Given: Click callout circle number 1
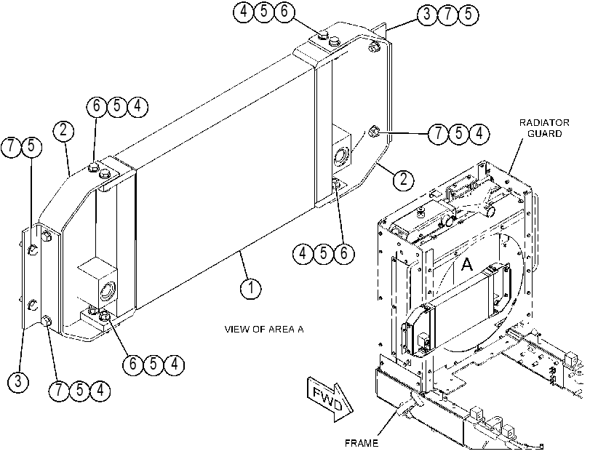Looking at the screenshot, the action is [x=250, y=288].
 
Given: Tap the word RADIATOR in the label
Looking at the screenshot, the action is [x=544, y=123].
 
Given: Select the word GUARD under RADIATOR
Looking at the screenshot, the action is [x=544, y=134].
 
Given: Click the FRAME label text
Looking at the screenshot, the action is [x=362, y=443].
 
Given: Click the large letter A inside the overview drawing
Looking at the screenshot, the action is [x=466, y=264].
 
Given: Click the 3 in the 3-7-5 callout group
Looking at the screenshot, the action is [x=427, y=14].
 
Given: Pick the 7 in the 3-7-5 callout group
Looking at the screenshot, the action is [x=447, y=14].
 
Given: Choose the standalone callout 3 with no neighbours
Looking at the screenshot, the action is [x=18, y=382].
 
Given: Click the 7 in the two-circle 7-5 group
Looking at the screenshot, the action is [x=12, y=146].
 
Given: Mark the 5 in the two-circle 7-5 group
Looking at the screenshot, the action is [x=31, y=146].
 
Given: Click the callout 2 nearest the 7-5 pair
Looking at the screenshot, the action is [x=63, y=130].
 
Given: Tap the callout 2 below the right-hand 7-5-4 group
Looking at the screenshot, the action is [x=403, y=179].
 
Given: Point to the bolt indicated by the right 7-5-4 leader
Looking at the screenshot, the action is [x=373, y=132].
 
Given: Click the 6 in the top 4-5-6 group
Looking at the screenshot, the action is [x=284, y=11].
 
